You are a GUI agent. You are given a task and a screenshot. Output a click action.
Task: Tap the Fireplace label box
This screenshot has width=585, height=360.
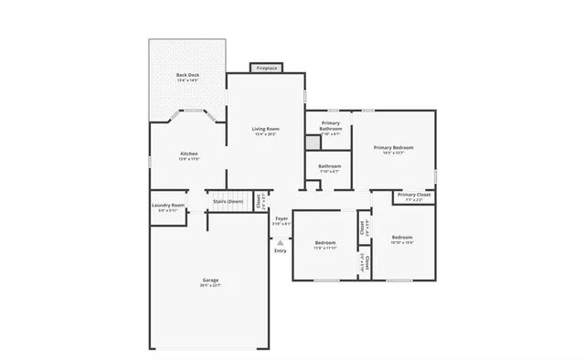(267, 69)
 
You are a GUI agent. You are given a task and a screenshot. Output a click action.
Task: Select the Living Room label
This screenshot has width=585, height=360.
(266, 129)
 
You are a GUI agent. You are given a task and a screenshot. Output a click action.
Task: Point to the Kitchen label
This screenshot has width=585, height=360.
(189, 154)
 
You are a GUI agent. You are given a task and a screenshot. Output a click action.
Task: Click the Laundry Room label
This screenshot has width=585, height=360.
(168, 206)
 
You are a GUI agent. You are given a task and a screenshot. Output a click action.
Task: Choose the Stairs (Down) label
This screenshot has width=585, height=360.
(228, 201)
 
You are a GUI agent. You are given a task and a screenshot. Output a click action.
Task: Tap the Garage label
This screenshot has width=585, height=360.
(210, 280)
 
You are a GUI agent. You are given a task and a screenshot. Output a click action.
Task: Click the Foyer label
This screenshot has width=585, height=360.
(282, 218)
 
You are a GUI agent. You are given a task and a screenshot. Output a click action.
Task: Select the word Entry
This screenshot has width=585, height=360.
(280, 250)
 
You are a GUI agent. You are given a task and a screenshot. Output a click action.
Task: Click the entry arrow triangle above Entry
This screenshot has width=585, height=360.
(280, 242)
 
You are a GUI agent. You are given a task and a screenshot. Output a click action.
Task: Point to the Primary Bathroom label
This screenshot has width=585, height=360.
(330, 125)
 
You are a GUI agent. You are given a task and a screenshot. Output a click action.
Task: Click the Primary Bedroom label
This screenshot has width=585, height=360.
(394, 147)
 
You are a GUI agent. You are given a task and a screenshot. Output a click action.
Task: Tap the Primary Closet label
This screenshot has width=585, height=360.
(414, 195)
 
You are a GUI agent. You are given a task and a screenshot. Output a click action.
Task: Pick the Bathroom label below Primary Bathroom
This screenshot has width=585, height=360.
(329, 166)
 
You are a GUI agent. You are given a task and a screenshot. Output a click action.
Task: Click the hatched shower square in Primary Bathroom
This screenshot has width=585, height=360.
(314, 142)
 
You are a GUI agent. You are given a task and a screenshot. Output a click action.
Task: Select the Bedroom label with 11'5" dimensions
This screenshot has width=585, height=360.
(325, 242)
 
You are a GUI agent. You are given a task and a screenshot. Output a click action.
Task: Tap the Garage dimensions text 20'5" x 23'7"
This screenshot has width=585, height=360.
(210, 286)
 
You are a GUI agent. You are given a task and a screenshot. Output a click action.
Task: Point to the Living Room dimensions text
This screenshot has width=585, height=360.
(266, 134)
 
